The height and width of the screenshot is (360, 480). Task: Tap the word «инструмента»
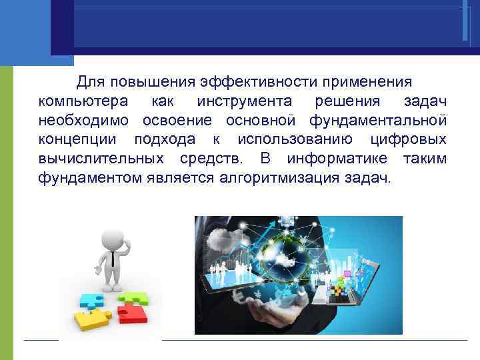point(244,101)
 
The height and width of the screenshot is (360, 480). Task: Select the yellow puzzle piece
point(93,321)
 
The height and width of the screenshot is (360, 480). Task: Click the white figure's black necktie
point(113,257)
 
